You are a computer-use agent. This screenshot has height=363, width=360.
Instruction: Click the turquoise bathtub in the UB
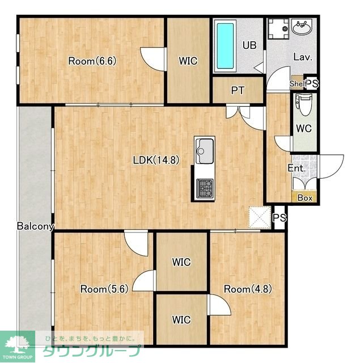click(225, 46)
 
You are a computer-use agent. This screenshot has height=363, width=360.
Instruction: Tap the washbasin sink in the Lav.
click(302, 27)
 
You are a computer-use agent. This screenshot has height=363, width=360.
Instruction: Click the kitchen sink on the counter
click(204, 151)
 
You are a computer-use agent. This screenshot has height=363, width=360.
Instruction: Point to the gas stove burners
click(205, 188)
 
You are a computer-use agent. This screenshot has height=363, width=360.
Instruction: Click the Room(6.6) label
click(92, 61)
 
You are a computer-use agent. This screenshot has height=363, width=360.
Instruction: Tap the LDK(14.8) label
click(156, 160)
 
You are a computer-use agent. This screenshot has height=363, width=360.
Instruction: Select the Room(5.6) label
click(104, 289)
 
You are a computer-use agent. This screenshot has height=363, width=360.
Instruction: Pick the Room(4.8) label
click(248, 289)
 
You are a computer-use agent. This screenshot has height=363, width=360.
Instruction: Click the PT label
click(238, 91)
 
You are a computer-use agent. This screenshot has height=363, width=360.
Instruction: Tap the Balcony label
click(35, 226)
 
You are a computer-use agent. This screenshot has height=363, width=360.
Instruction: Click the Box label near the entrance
click(305, 198)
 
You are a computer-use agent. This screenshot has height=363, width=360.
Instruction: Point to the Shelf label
click(298, 83)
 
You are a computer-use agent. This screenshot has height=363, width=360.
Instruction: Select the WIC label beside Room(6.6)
click(188, 61)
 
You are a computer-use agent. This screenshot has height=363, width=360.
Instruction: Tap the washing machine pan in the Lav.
click(278, 29)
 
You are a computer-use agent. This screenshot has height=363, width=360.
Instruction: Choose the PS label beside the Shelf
click(312, 83)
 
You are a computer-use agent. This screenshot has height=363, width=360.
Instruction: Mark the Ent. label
click(297, 168)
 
